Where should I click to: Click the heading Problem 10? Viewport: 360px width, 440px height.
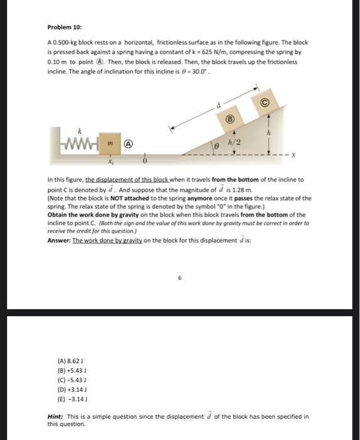(x=65, y=28)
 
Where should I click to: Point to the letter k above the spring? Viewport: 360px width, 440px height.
(x=79, y=132)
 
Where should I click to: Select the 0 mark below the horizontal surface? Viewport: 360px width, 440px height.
(x=145, y=160)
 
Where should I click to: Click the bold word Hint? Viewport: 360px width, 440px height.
(x=57, y=416)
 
